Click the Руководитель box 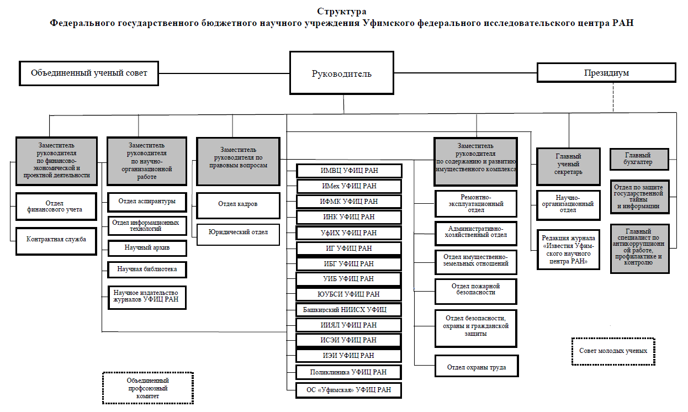(342, 73)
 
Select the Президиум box (606, 72)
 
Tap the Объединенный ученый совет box (89, 73)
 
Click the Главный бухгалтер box (639, 159)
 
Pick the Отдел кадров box (238, 205)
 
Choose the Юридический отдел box (238, 234)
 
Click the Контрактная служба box (56, 241)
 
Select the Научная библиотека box (147, 270)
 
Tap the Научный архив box (147, 248)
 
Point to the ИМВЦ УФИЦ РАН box (349, 171)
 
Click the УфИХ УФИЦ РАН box (348, 233)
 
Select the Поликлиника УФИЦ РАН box (348, 372)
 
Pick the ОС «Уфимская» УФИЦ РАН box (348, 390)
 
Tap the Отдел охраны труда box (477, 366)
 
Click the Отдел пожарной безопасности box (476, 291)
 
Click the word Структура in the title (342, 12)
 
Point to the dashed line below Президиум (613, 97)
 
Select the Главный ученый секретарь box (568, 167)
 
